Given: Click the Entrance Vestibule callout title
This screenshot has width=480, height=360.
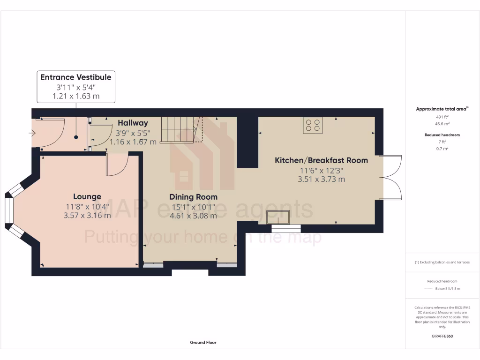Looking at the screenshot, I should tap(76, 77).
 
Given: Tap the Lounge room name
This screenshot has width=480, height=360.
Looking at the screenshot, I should tap(87, 196).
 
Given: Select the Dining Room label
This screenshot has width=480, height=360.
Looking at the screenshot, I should tap(193, 197).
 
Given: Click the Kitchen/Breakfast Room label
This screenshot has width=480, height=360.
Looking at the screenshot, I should tap(321, 160).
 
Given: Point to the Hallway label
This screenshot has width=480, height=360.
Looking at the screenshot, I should tap(133, 123).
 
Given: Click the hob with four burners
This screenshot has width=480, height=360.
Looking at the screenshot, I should tap(312, 125).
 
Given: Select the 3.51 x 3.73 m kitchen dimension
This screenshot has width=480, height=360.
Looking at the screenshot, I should tap(321, 179).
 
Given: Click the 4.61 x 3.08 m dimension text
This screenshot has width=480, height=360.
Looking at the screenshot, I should tap(193, 216).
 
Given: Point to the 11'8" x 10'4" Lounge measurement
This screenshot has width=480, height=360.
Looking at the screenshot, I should tap(87, 206).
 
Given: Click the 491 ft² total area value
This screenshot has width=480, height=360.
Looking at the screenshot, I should tap(442, 117).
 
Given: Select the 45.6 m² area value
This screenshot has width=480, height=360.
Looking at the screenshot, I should tap(442, 124).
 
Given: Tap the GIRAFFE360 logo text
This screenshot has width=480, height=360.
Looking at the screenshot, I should tap(442, 336).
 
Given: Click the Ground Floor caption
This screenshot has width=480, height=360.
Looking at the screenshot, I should tap(203, 343).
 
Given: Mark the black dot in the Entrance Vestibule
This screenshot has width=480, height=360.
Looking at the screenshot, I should tap(76, 137).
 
